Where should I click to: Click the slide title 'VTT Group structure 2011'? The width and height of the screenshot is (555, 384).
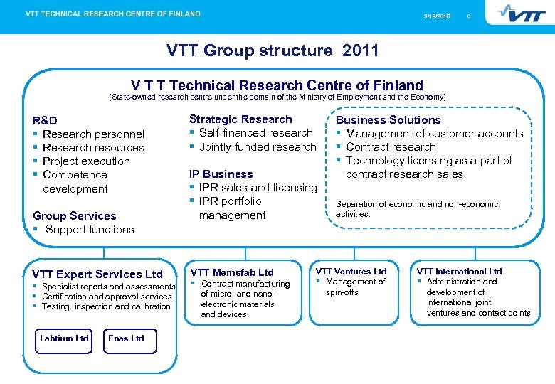pyautogui.click(x=273, y=50)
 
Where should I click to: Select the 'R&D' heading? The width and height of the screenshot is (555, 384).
pyautogui.click(x=46, y=120)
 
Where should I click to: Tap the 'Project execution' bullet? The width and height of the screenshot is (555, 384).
pyautogui.click(x=86, y=161)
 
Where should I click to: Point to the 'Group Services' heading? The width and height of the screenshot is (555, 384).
pyautogui.click(x=75, y=215)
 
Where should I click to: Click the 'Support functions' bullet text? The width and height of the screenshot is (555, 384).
pyautogui.click(x=90, y=229)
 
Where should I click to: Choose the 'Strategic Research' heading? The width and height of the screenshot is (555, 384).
pyautogui.click(x=240, y=119)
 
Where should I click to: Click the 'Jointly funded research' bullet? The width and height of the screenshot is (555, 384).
pyautogui.click(x=258, y=146)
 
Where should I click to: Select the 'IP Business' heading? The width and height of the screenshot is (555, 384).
pyautogui.click(x=221, y=174)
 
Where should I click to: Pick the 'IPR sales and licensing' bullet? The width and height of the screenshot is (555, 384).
pyautogui.click(x=258, y=187)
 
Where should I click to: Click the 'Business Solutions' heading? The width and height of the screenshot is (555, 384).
pyautogui.click(x=388, y=120)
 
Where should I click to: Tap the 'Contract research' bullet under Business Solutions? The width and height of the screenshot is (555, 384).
pyautogui.click(x=391, y=146)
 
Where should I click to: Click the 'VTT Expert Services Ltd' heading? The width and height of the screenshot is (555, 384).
pyautogui.click(x=97, y=274)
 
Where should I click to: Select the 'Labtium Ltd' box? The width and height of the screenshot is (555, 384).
pyautogui.click(x=64, y=338)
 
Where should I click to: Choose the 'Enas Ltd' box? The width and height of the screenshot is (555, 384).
pyautogui.click(x=126, y=338)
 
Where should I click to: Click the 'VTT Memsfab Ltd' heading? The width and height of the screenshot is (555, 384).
pyautogui.click(x=232, y=272)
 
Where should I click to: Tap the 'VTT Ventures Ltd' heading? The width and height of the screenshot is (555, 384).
pyautogui.click(x=351, y=271)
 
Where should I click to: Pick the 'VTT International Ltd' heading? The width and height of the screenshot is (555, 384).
pyautogui.click(x=459, y=271)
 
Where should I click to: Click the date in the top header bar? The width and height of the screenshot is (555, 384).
pyautogui.click(x=436, y=16)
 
